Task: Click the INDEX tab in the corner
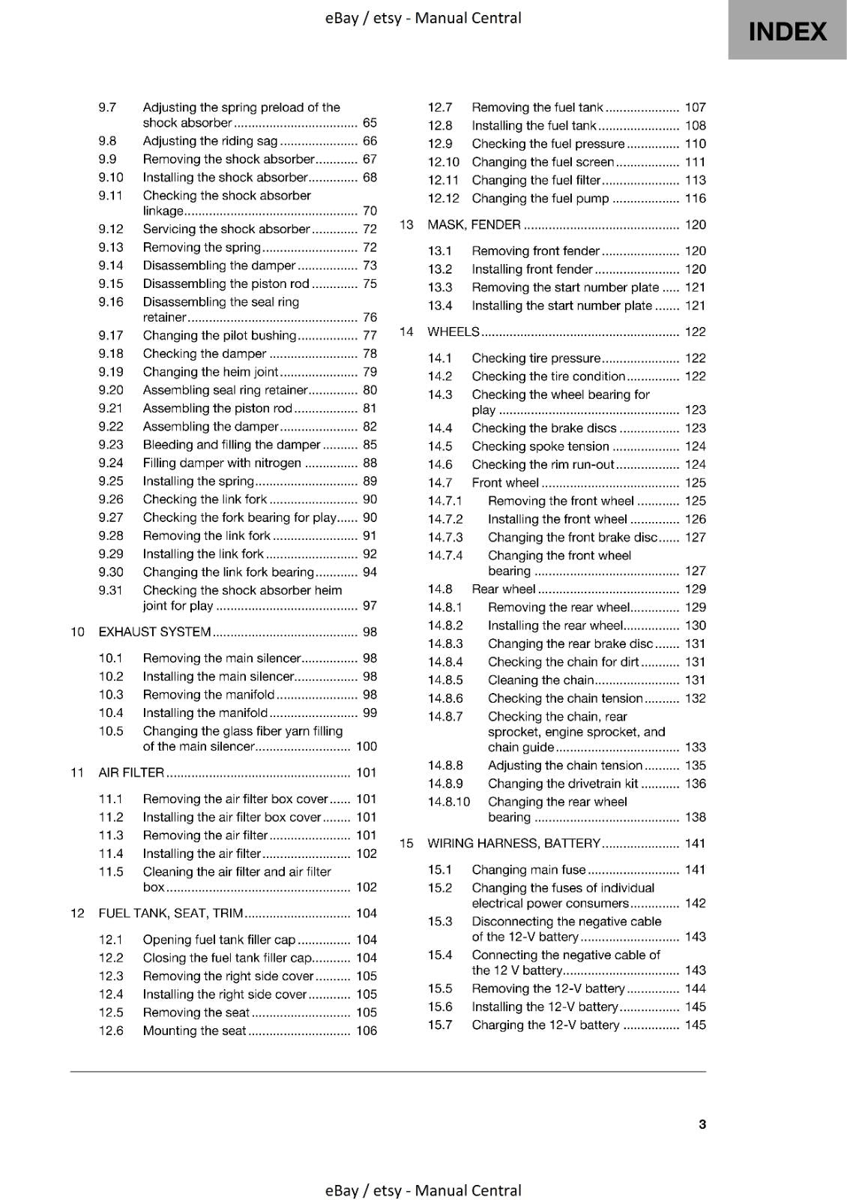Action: tap(787, 31)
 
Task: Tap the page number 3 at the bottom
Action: tap(702, 1124)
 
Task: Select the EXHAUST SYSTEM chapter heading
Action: tap(154, 631)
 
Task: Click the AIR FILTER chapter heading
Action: tap(131, 772)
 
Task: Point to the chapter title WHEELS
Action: tap(453, 331)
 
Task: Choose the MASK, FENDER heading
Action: tap(474, 224)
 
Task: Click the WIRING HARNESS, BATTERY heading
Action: tap(513, 843)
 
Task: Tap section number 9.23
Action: tap(110, 445)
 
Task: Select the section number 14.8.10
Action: tap(448, 802)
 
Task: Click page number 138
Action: tap(695, 817)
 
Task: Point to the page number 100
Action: tap(367, 746)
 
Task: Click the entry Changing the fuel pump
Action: tap(540, 198)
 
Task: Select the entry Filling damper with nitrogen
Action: tap(222, 463)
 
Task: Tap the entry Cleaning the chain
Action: tap(540, 680)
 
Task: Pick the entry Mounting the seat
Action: tap(194, 1030)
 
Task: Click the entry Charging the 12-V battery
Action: tap(545, 1025)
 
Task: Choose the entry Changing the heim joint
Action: tap(211, 372)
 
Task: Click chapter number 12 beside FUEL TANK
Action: tap(76, 913)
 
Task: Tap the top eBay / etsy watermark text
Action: tap(423, 18)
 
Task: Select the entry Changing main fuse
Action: tap(528, 870)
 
